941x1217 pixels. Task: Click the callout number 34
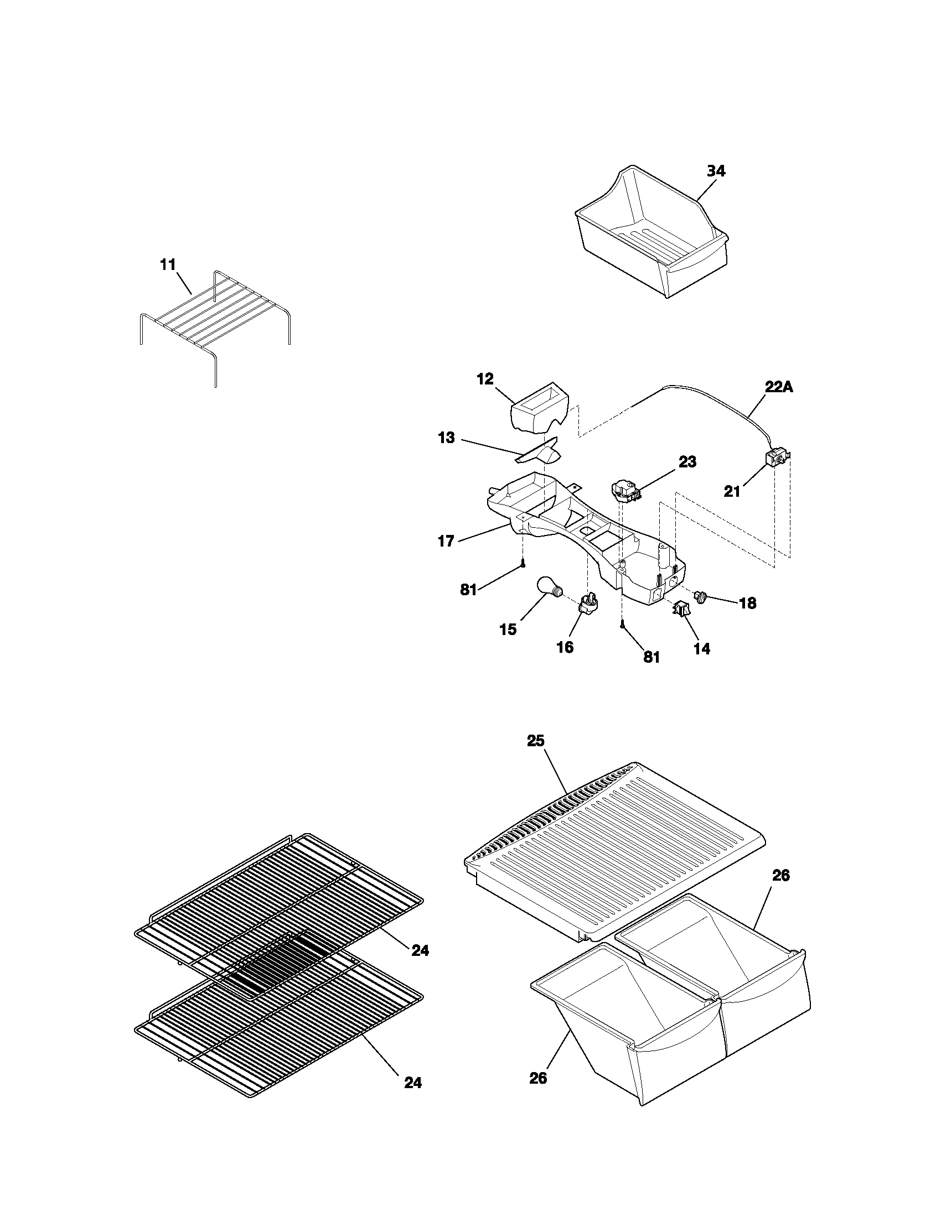716,171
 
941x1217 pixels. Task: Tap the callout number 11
168,264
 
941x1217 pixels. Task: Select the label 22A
778,387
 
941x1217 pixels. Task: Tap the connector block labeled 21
775,459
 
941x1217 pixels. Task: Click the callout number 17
446,541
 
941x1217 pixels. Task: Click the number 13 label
446,438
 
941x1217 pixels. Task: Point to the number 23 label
687,462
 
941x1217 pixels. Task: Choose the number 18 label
747,603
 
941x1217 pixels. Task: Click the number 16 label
565,647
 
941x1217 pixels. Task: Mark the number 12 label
485,379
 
